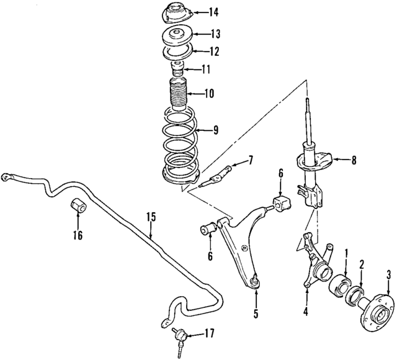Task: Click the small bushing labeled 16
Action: pyautogui.click(x=78, y=205)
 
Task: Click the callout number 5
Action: pyautogui.click(x=256, y=313)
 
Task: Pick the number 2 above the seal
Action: pyautogui.click(x=362, y=263)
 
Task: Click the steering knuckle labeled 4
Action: pyautogui.click(x=314, y=261)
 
